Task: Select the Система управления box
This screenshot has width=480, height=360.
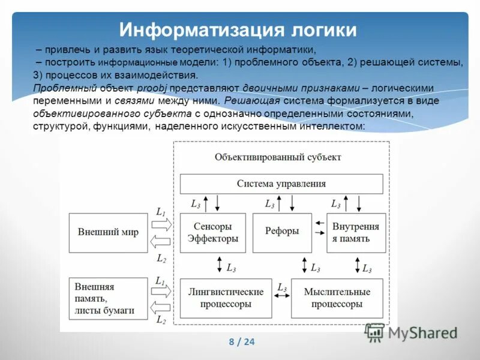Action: [x=281, y=184]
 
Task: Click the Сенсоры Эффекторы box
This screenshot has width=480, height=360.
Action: [x=213, y=233]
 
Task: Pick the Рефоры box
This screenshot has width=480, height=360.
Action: [x=281, y=232]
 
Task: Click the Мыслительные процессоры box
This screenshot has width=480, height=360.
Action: [x=337, y=298]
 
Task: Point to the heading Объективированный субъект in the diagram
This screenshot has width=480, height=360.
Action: [x=278, y=157]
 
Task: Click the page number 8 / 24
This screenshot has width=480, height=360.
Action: [x=242, y=342]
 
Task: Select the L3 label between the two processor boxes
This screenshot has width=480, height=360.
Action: [x=281, y=288]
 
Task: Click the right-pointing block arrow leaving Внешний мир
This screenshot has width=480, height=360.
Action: [x=161, y=224]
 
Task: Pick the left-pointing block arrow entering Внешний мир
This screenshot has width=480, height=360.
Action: [x=161, y=242]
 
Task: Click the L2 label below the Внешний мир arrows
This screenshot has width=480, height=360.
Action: [x=161, y=259]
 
